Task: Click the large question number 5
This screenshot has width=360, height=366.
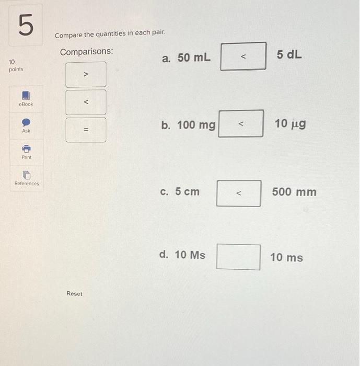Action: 22,26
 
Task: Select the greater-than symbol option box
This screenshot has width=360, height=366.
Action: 86,74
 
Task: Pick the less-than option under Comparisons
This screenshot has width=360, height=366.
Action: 86,102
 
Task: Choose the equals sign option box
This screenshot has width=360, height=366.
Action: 86,130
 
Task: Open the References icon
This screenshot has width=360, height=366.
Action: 26,175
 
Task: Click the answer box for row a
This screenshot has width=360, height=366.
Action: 243,56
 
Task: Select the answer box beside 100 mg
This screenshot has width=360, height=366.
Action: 240,124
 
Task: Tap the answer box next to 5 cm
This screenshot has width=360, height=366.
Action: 239,193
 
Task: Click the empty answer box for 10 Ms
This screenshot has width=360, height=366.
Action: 238,257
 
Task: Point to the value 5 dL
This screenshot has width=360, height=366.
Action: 289,55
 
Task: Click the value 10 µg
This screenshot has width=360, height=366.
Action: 290,124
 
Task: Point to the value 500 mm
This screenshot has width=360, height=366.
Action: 294,192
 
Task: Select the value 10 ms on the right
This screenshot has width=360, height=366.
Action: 286,257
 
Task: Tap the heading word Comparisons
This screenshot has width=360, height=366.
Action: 87,52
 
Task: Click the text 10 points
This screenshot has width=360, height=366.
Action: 16,65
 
